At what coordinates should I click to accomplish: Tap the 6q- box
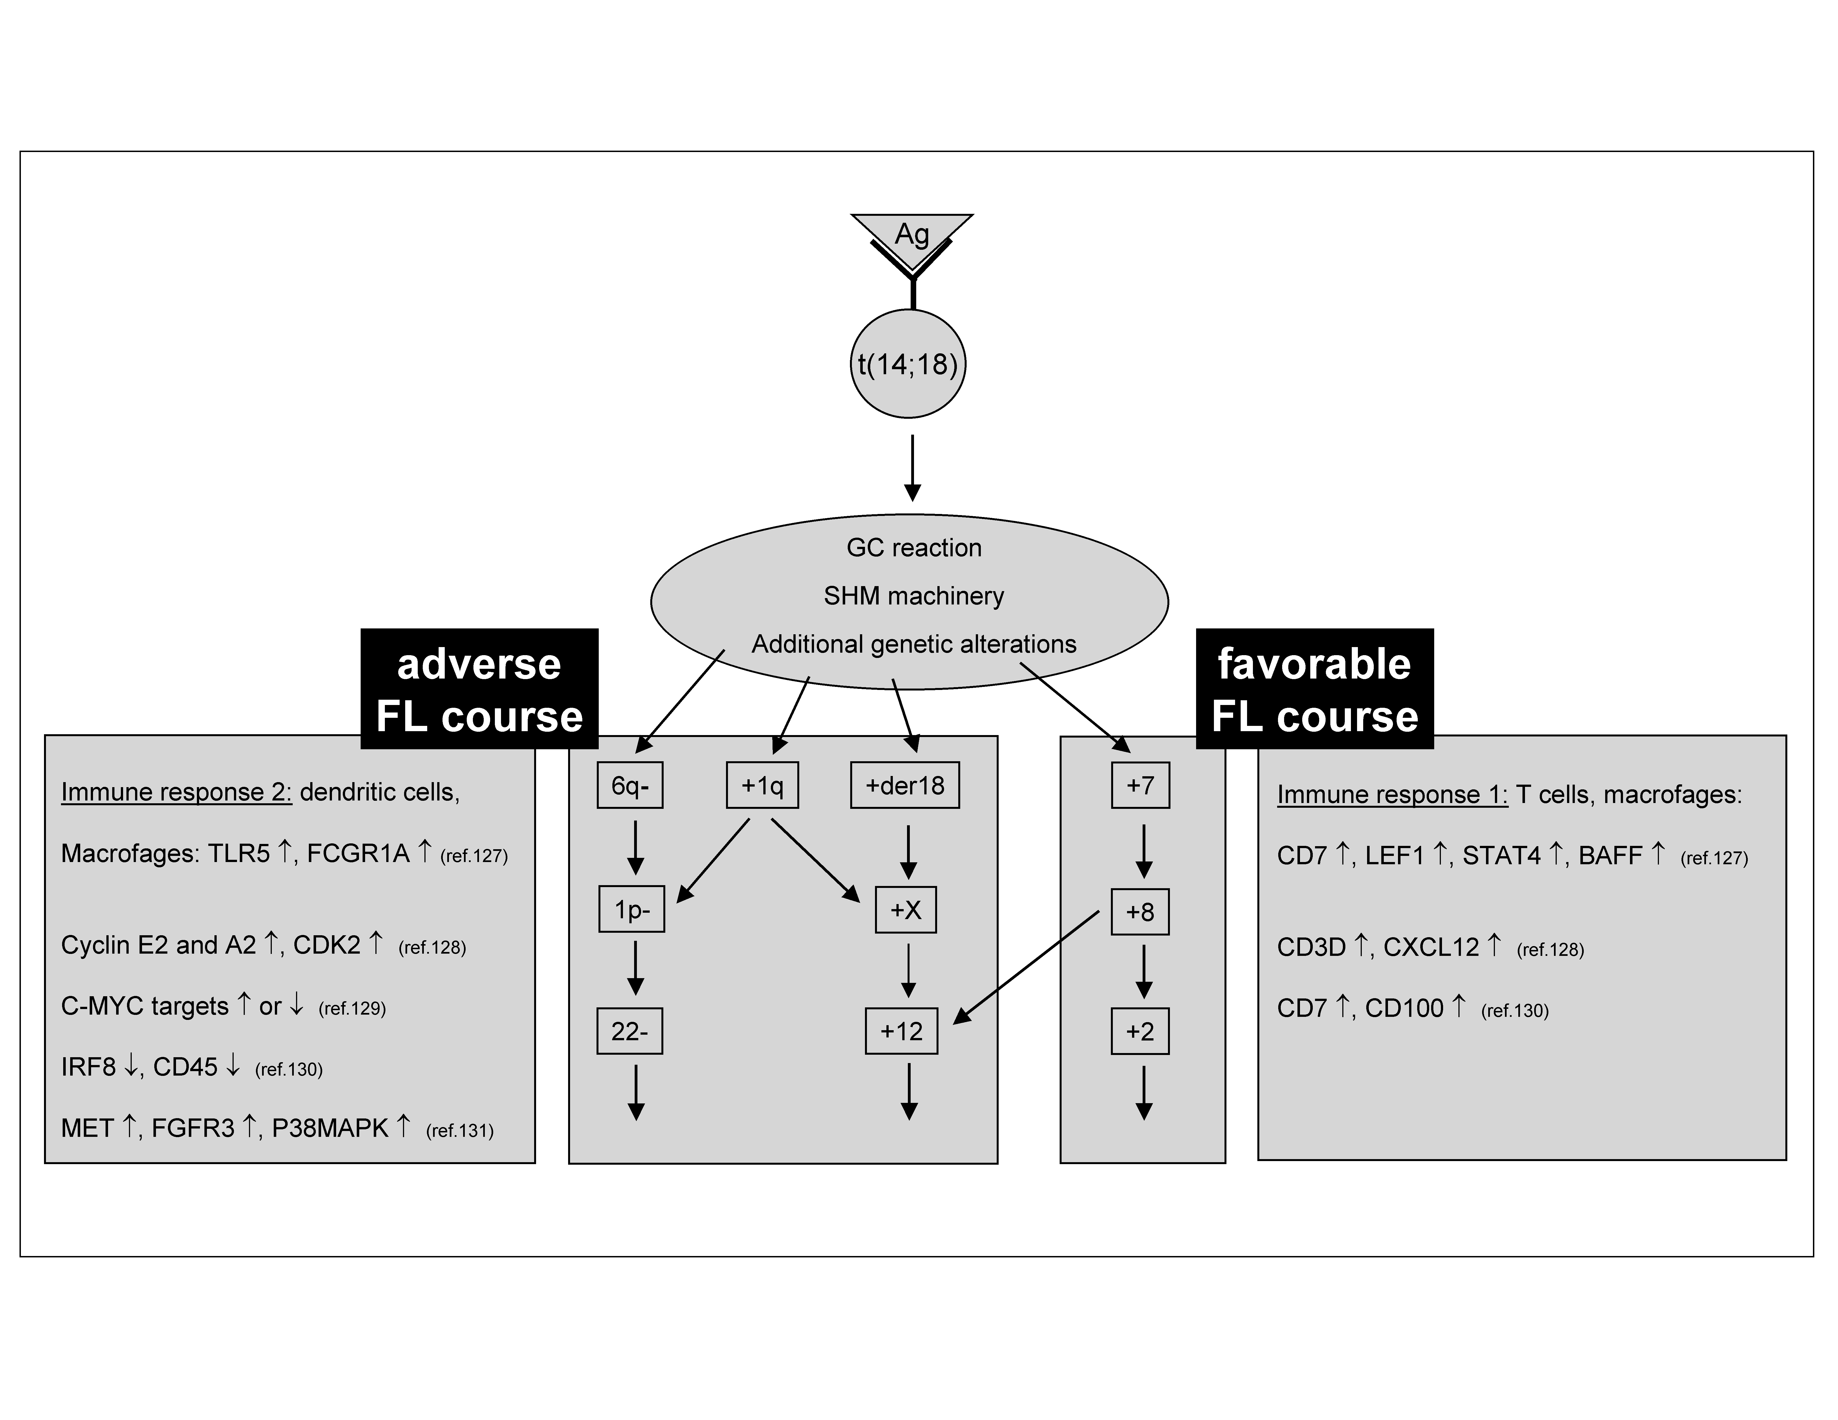pos(629,785)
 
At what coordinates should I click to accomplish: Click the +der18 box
pos(905,785)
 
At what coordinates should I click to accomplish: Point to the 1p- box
pos(631,909)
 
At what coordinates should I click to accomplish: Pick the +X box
pos(906,909)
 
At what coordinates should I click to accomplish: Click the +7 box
pos(1140,785)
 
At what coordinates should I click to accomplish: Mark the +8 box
pos(1140,911)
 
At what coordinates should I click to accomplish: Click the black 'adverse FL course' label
pos(479,689)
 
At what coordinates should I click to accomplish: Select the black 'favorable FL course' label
pos(1314,689)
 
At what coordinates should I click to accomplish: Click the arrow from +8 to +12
pos(1027,968)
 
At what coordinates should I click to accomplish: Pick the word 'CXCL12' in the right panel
pos(1431,947)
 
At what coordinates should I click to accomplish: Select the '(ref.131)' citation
pos(459,1131)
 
